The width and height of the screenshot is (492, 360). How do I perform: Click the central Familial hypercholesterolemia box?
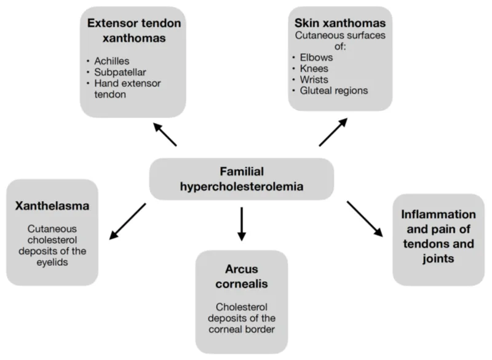click(242, 178)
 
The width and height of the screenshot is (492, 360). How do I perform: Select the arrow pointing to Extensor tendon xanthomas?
click(165, 134)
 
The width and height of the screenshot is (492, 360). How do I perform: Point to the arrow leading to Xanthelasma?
click(127, 221)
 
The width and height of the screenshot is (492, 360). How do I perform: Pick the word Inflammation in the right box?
click(438, 215)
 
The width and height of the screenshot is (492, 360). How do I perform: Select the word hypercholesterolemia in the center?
click(242, 186)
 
